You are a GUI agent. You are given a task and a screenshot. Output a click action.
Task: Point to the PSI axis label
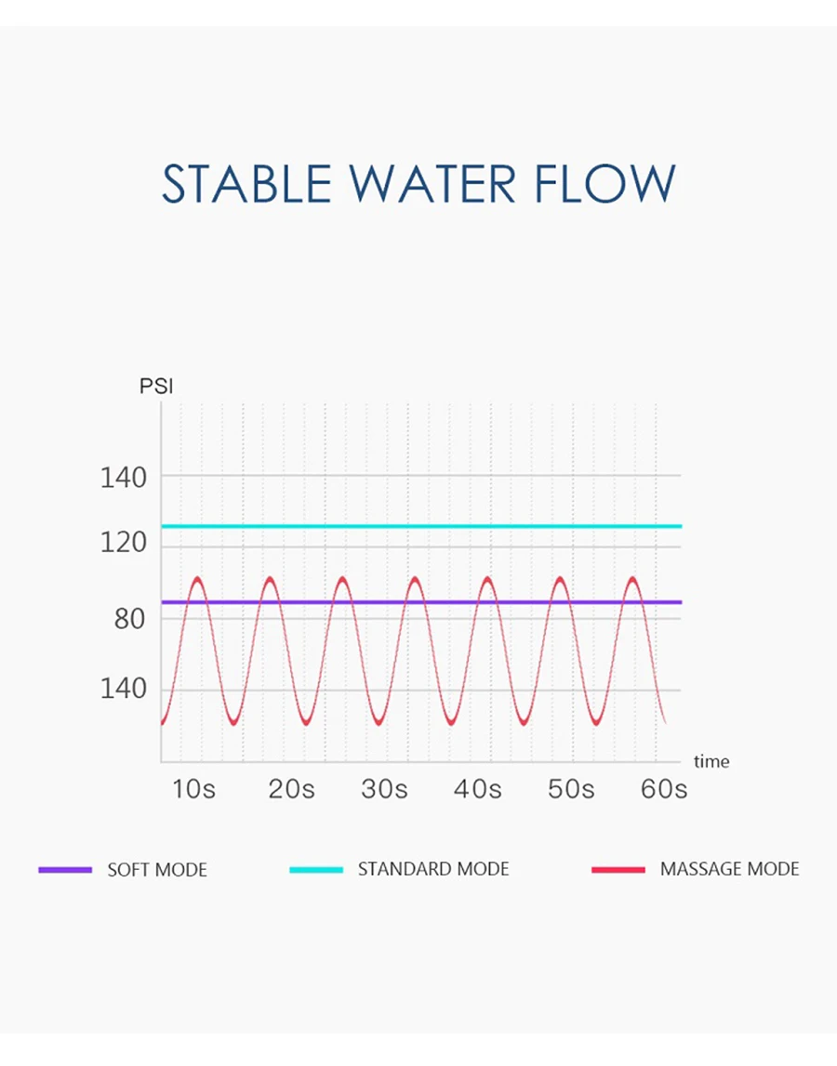156,386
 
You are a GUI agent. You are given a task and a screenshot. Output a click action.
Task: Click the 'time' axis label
711,762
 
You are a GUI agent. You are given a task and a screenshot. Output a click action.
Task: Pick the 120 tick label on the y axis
124,543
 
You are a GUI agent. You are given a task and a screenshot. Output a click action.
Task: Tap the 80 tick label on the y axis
130,619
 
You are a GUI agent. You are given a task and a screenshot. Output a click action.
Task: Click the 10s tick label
194,790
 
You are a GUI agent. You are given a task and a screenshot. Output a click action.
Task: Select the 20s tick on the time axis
292,790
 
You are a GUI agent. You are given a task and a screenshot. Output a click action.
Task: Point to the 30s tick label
385,790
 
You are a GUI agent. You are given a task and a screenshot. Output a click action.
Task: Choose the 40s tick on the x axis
478,790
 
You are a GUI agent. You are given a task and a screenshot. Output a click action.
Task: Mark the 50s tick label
571,790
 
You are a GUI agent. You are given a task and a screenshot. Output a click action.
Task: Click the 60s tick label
664,790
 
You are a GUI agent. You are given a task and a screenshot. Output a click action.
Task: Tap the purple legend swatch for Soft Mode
65,870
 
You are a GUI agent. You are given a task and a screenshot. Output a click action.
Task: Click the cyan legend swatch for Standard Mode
316,870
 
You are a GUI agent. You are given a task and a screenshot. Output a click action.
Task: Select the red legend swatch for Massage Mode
618,870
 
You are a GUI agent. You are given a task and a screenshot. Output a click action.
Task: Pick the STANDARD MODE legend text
433,870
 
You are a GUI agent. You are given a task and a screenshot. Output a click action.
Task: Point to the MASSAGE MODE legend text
729,870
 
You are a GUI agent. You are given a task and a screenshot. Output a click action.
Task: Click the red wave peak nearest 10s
197,579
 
